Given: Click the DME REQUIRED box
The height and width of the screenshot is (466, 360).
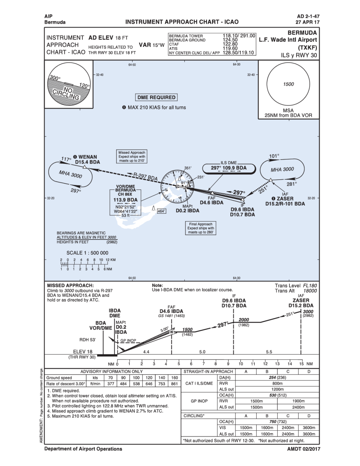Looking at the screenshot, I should [157, 97].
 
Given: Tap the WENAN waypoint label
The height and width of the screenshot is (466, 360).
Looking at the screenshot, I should [87, 157].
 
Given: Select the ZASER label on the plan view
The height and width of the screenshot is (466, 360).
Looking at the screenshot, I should [285, 198].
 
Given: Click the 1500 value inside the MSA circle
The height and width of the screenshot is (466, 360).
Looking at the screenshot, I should [288, 84].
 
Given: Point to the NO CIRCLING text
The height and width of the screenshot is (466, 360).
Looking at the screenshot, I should [67, 93].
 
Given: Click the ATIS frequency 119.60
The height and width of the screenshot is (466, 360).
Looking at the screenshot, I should [230, 48].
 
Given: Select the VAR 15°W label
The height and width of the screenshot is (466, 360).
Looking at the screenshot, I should [152, 45].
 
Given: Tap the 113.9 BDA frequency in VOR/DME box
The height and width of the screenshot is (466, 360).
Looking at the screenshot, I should [125, 200].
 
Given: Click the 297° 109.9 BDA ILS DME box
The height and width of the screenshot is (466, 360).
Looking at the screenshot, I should [229, 168].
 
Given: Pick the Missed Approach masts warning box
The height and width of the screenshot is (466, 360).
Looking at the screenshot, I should [132, 157].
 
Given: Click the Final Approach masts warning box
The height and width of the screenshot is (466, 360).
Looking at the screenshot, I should [201, 228].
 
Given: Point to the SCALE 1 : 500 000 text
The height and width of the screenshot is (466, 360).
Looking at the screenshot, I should [87, 253].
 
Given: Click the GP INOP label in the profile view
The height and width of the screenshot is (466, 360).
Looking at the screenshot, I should [128, 340].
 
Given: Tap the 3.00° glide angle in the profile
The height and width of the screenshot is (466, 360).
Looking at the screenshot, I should [164, 329].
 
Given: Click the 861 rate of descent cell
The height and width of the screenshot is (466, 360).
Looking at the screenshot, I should [175, 384].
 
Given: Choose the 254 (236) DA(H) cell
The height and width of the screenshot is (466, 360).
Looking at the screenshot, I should [277, 378].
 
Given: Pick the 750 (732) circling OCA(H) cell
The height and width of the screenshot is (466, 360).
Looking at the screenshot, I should [277, 422].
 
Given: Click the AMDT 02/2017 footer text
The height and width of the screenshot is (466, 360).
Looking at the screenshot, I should [303, 449].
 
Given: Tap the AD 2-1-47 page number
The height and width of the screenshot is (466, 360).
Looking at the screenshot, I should [308, 16].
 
